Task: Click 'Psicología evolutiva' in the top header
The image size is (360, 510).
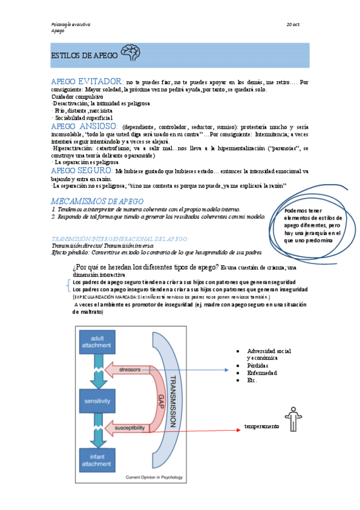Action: tap(70, 24)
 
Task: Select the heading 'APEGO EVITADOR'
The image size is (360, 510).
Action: tap(87, 81)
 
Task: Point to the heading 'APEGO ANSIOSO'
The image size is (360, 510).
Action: tap(85, 127)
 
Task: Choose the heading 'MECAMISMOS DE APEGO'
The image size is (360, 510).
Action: tap(97, 200)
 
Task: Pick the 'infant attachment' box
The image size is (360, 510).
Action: tap(96, 459)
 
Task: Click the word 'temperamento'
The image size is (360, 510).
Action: tap(261, 426)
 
